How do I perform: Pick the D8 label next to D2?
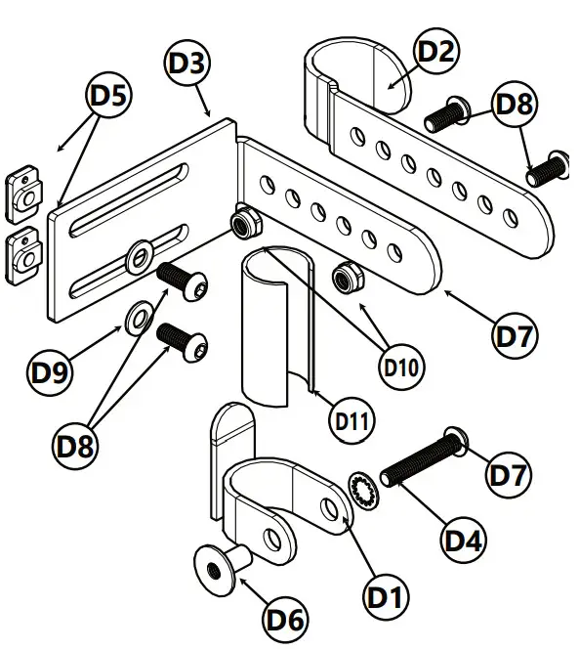point(515,105)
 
